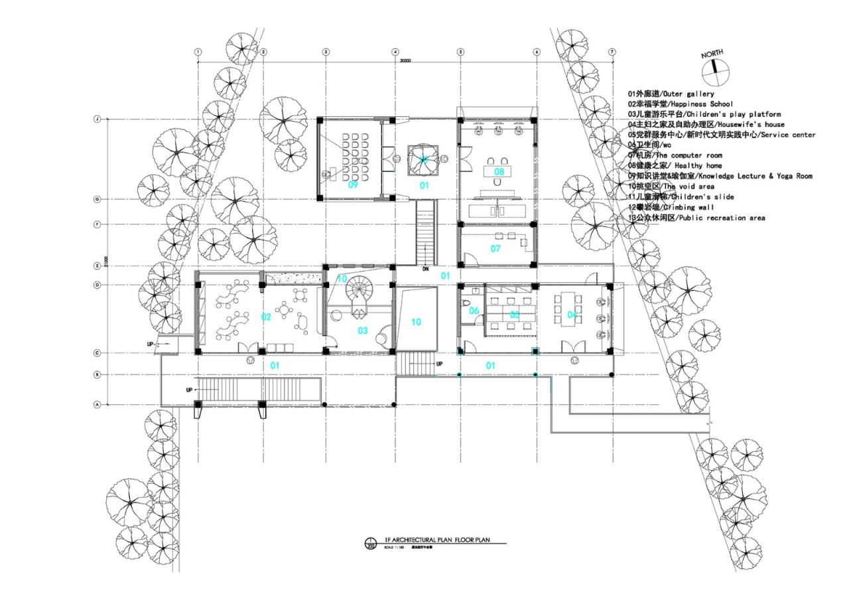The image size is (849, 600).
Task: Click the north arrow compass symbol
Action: point(716,66)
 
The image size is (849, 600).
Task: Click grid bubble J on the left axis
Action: point(98,119)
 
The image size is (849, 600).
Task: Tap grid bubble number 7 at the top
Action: point(612,52)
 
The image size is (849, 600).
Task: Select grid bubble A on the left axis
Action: point(98,404)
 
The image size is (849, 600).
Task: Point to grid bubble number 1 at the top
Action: point(198,52)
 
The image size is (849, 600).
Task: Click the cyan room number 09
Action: point(354,185)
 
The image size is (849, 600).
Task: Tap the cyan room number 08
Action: point(499,172)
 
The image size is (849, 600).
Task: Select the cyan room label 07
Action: point(495,249)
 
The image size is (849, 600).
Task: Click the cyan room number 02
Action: point(266,317)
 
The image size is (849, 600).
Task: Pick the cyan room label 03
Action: point(363,331)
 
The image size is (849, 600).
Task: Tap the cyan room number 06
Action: point(474,311)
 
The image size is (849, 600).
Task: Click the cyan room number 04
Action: point(572,315)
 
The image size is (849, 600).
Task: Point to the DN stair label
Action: point(425,269)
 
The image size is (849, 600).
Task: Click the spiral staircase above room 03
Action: point(364,289)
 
